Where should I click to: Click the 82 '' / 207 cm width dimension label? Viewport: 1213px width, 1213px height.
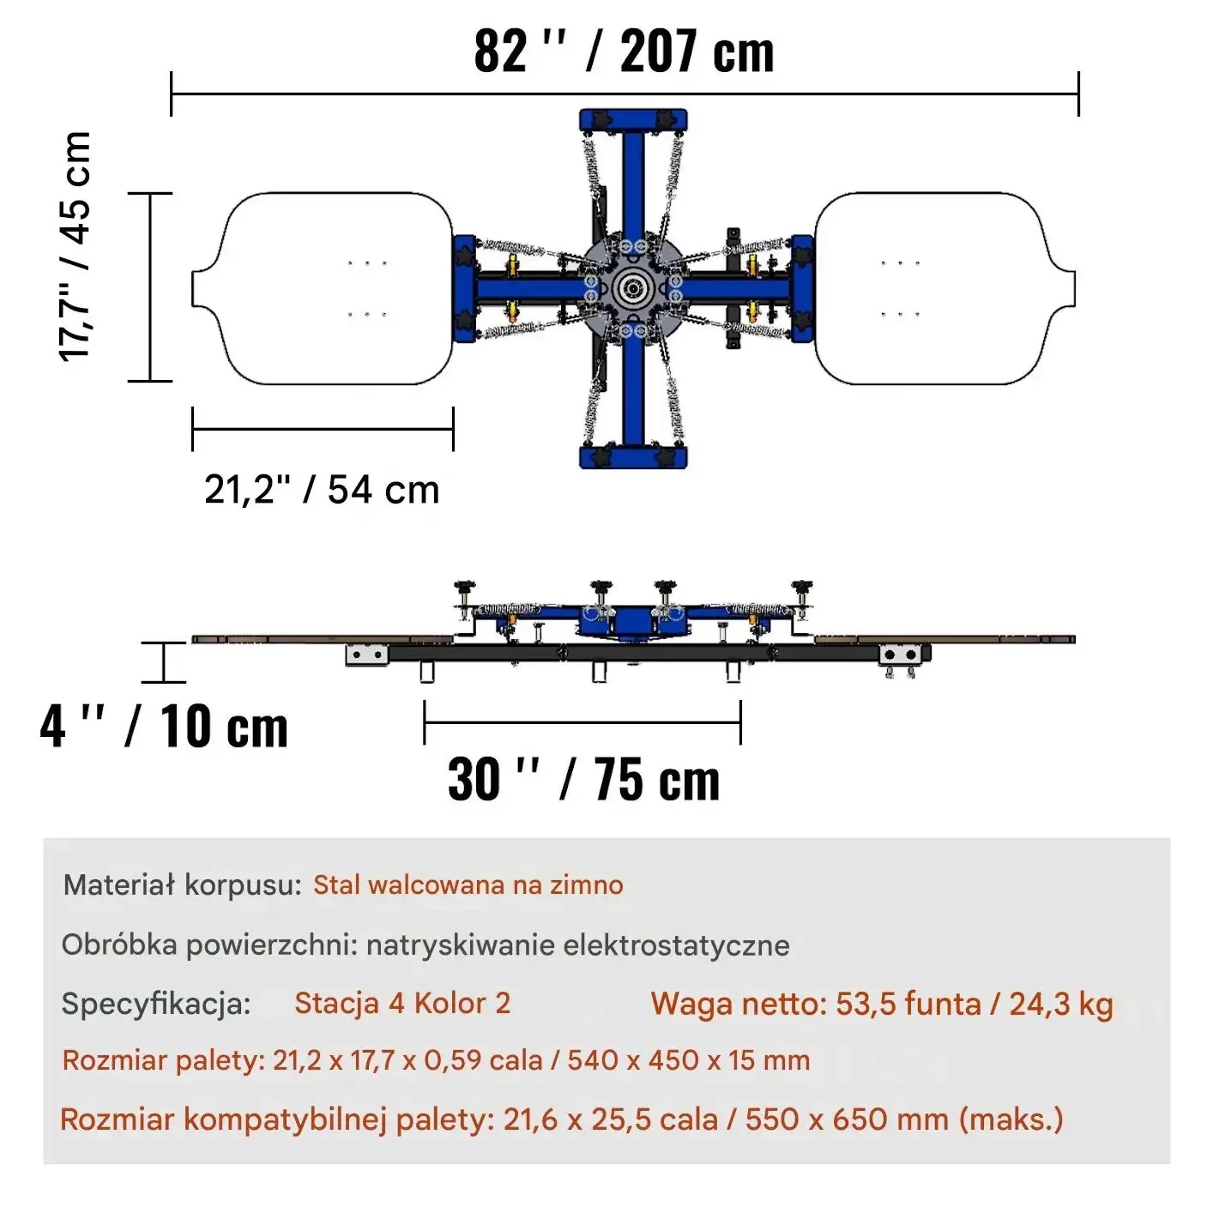click(623, 51)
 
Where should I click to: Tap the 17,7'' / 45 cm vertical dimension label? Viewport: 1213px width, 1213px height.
click(75, 246)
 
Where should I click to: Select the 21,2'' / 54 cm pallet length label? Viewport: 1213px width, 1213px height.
click(322, 490)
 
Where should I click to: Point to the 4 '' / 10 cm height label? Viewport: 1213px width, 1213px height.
click(164, 726)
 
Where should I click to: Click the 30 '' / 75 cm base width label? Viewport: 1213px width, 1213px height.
click(583, 779)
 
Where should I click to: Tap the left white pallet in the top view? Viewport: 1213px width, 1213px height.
click(323, 288)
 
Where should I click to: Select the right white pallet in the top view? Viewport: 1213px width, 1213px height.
click(944, 288)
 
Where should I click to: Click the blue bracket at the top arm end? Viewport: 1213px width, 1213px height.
click(633, 120)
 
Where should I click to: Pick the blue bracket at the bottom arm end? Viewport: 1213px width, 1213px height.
click(633, 457)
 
